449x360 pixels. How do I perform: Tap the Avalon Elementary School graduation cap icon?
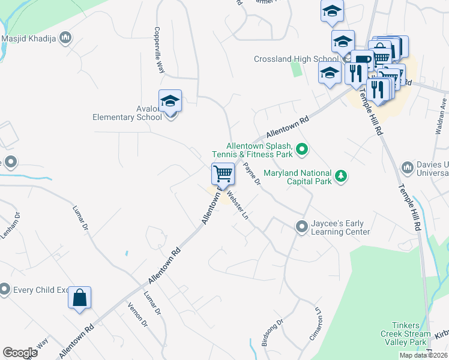(170, 101)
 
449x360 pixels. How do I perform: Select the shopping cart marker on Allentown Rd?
(223, 174)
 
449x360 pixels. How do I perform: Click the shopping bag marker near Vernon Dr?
(79, 297)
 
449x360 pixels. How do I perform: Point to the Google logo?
(20, 353)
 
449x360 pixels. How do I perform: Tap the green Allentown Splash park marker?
(302, 149)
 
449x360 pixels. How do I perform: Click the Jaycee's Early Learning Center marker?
(301, 226)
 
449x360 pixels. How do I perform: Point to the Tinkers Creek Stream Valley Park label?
(406, 334)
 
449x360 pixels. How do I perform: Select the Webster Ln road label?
(237, 205)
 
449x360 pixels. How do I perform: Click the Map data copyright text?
(423, 355)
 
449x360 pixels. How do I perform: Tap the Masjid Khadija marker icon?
(66, 39)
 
